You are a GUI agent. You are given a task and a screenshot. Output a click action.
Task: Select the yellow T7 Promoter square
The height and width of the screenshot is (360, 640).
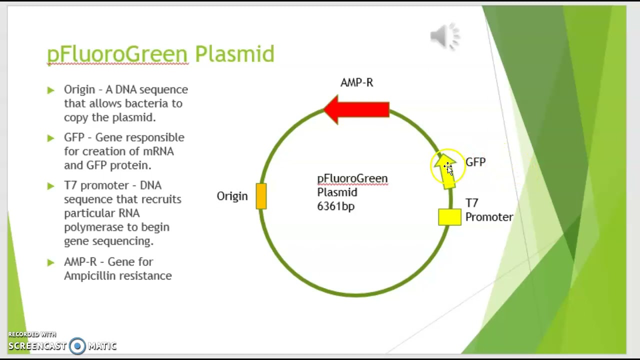click(449, 217)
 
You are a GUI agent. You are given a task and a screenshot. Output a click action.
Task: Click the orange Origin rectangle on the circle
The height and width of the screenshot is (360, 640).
click(261, 196)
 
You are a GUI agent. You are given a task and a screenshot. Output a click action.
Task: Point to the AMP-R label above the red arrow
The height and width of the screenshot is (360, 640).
click(356, 83)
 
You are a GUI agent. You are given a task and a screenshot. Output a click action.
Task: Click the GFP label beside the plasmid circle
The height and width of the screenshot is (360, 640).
click(475, 162)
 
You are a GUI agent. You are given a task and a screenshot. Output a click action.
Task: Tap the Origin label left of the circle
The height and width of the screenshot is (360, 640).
click(232, 196)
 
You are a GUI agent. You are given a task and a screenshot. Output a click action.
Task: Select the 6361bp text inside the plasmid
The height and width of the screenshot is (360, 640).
click(335, 206)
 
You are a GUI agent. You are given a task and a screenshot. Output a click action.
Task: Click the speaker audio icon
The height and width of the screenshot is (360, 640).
click(445, 36)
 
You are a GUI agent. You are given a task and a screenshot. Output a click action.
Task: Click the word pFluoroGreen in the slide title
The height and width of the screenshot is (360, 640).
click(117, 54)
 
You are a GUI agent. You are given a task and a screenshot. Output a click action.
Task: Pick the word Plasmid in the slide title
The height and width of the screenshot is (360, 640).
click(234, 54)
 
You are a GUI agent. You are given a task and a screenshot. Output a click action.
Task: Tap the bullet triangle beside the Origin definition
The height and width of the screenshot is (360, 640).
click(50, 90)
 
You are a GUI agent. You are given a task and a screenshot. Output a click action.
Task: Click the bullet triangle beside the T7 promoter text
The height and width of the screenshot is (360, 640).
click(50, 186)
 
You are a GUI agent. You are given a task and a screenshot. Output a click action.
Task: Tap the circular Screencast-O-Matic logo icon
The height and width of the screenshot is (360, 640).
click(77, 345)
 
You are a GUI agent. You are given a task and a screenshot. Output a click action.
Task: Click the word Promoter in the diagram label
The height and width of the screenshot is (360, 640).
click(489, 217)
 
